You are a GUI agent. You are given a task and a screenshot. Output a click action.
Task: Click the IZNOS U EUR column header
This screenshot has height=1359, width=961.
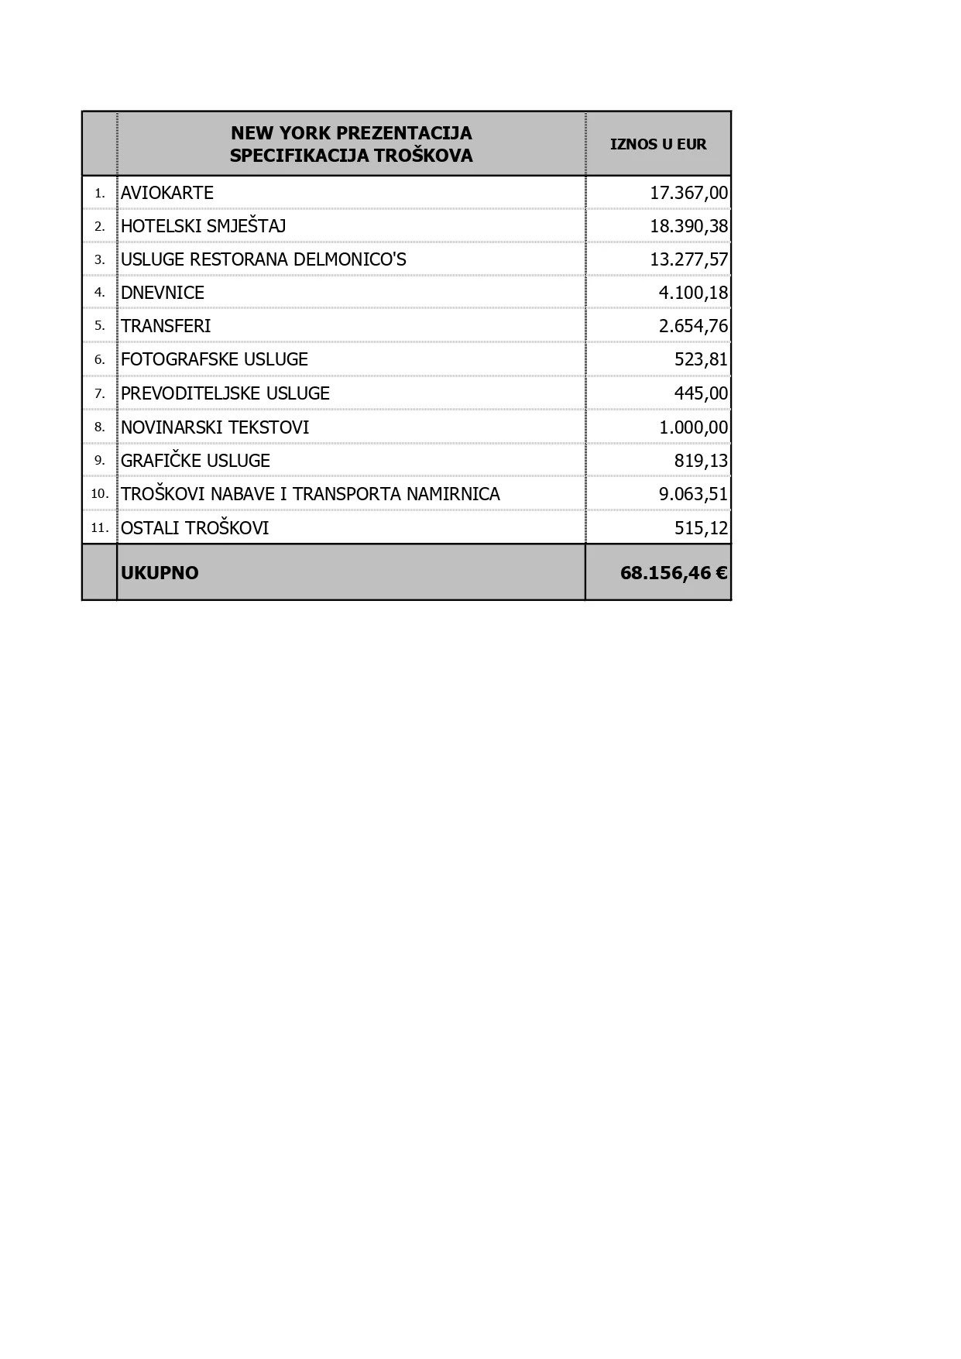click(658, 144)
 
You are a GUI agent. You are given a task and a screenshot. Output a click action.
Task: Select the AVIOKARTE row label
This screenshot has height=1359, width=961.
click(167, 193)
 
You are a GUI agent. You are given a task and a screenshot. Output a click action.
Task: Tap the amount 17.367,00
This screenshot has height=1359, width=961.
click(688, 193)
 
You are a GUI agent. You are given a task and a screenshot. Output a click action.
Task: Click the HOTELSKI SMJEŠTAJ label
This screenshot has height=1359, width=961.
click(204, 226)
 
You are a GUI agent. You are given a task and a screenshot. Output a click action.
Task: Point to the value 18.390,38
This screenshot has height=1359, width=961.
click(688, 226)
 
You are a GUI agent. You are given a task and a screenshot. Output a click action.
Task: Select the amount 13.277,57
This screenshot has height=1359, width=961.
click(688, 259)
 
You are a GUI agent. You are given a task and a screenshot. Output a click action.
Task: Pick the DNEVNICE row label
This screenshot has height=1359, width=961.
click(163, 293)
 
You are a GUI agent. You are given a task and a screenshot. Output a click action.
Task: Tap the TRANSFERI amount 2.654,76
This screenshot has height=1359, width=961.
click(693, 326)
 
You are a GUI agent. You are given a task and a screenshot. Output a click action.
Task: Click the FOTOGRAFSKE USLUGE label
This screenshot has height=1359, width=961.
click(215, 359)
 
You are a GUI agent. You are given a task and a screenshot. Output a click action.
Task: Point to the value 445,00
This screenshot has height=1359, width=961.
click(701, 393)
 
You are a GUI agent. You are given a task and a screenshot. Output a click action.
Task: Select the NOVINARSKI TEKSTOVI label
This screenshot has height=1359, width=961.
click(215, 427)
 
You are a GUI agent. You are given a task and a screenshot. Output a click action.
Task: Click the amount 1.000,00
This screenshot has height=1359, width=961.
click(693, 427)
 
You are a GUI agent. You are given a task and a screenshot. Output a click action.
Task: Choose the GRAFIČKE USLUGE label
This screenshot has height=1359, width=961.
click(196, 461)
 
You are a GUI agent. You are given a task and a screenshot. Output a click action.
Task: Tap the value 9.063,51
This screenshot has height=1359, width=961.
click(693, 494)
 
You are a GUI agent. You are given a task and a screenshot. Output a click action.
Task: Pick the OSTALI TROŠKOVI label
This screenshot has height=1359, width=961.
click(195, 528)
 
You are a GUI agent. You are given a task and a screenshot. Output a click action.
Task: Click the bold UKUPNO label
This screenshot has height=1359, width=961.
click(160, 573)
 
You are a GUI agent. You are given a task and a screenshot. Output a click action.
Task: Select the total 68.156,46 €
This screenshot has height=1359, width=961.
click(673, 573)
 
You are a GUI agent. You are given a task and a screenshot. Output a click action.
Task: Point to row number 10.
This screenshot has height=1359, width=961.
click(99, 494)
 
